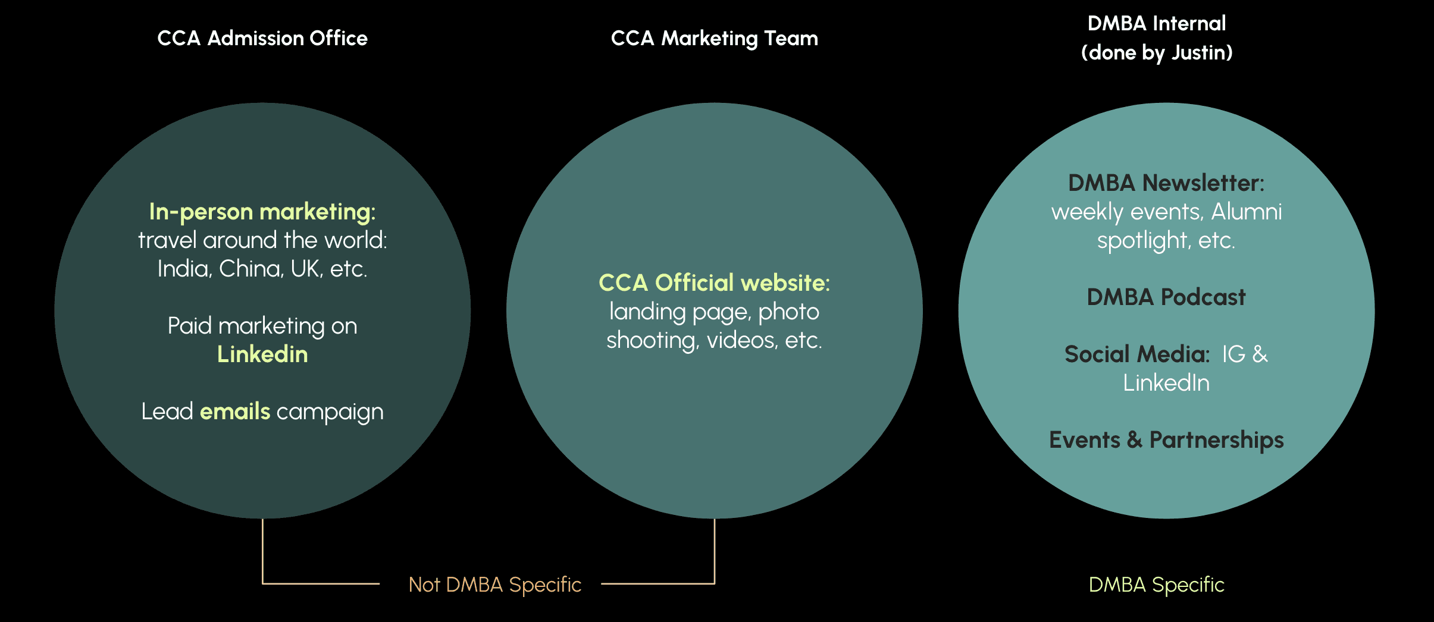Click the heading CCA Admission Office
pos(262,39)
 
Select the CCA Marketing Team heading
pos(714,39)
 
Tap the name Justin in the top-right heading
pos(1197,53)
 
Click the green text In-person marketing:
pos(262,212)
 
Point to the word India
pos(184,269)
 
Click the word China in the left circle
pos(251,269)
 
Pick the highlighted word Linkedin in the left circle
pos(262,354)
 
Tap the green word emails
pos(235,411)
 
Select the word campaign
pos(330,412)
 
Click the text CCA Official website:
pos(714,283)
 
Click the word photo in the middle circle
pos(788,312)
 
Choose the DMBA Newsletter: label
pos(1166,183)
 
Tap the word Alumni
pos(1247,212)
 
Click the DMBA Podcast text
pos(1166,297)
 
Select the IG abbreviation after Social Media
pos(1233,354)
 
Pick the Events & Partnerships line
pos(1166,440)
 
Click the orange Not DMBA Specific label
pos(495,585)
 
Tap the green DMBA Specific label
pos(1156,585)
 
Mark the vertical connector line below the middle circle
pos(714,550)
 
